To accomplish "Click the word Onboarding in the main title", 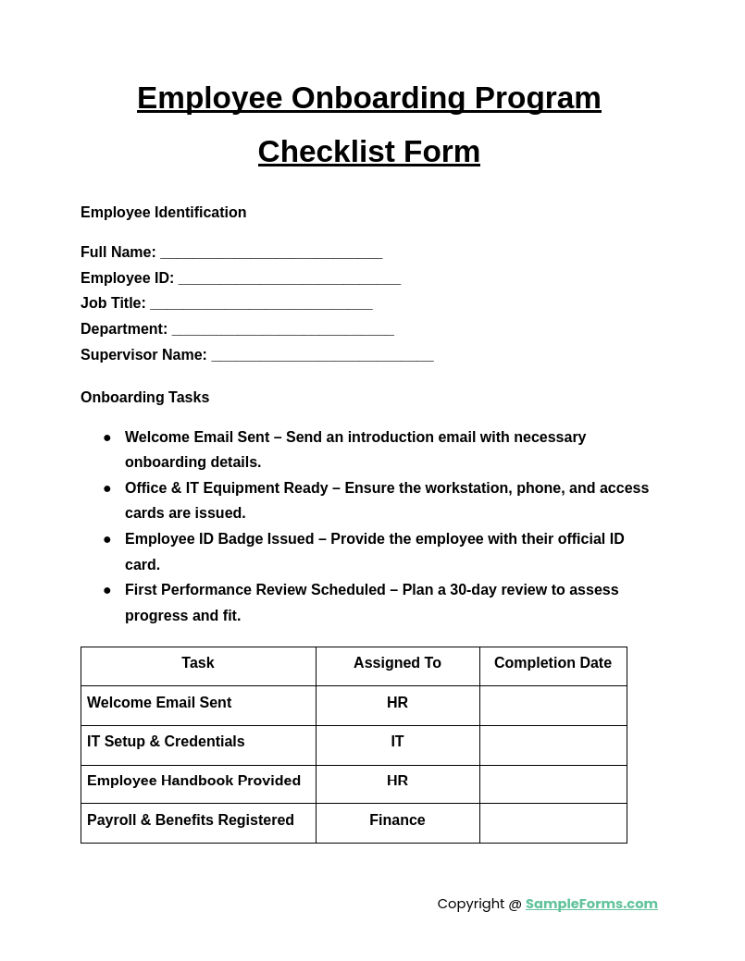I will click(x=379, y=98).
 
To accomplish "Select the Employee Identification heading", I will click(x=163, y=213).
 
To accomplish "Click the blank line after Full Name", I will click(x=271, y=253).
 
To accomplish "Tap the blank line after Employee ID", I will click(x=289, y=279).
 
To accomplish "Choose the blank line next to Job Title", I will click(x=261, y=304).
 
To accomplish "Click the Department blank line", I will click(x=282, y=330).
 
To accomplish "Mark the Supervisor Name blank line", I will click(x=322, y=356).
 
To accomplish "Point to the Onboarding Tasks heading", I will click(x=144, y=398).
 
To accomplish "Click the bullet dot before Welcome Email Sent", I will click(x=107, y=437).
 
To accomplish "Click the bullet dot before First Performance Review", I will click(x=107, y=590).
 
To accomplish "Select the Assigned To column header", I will click(x=397, y=663).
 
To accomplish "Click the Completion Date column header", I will click(x=553, y=663).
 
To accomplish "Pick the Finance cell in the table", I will click(x=397, y=820).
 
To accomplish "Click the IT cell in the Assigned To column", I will click(x=397, y=742).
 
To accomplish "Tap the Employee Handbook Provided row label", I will click(x=193, y=781).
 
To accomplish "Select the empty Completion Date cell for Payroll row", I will click(x=553, y=823).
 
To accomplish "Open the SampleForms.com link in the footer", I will click(x=591, y=904).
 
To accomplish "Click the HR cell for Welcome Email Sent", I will click(x=397, y=703).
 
